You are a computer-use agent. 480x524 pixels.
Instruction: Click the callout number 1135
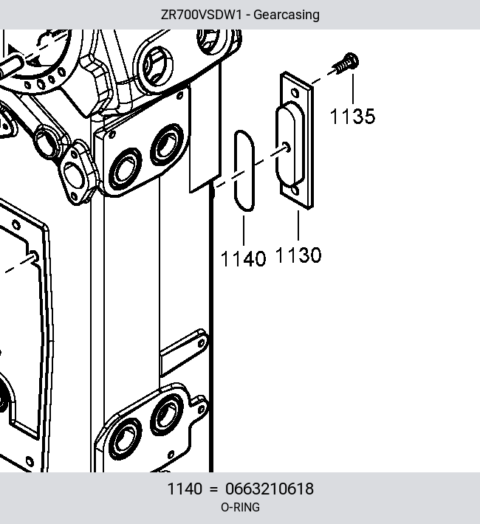[352, 117]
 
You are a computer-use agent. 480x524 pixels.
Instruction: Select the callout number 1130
[298, 255]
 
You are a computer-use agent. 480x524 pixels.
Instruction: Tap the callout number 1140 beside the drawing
[244, 258]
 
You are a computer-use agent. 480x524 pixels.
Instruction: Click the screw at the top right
[346, 63]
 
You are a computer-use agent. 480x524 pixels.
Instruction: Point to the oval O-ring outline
[236, 170]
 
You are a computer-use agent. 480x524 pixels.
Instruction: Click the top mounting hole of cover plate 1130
[295, 92]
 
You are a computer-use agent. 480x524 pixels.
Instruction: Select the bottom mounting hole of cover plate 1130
[295, 190]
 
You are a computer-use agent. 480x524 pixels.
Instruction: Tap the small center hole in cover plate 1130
[287, 147]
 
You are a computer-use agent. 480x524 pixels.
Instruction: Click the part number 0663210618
[270, 489]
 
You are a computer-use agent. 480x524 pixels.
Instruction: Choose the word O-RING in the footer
[240, 507]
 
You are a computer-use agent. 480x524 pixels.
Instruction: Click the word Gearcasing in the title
[287, 15]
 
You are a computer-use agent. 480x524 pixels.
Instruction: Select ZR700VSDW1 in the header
[201, 15]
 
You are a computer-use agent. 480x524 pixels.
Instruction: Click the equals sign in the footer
[213, 489]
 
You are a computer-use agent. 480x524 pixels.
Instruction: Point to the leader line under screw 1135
[353, 89]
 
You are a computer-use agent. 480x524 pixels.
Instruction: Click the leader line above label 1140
[244, 230]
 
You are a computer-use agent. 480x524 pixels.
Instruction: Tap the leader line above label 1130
[298, 225]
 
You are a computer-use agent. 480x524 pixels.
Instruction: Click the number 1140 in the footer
[185, 489]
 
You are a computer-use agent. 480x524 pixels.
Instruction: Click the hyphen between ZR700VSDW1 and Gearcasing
[247, 15]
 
